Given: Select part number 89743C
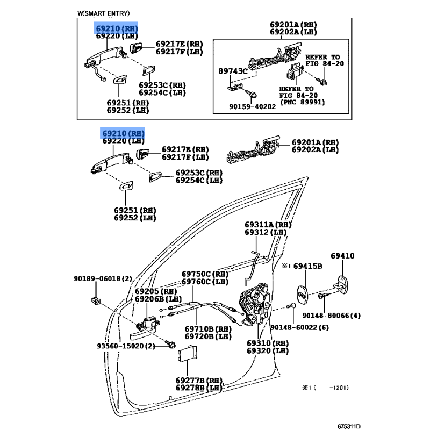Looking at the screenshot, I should point(233,70).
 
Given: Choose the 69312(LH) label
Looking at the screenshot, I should point(266,232).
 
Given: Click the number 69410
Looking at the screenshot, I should point(342,256).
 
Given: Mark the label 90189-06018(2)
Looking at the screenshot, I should point(103,278).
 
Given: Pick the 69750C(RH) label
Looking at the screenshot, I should point(204,274).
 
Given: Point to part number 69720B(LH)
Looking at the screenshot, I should point(209,336).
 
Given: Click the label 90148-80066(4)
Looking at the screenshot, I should point(331,315).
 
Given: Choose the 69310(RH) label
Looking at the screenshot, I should point(268,343).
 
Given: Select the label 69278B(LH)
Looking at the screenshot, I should point(198,388).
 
